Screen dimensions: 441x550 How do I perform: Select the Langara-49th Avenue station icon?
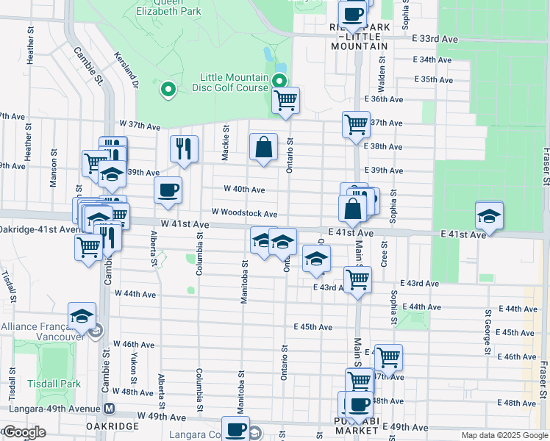(109, 408)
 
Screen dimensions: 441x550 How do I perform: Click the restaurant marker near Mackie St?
(184, 148)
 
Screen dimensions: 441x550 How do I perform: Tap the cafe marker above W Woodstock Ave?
(168, 190)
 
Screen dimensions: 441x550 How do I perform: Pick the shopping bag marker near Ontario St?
(263, 147)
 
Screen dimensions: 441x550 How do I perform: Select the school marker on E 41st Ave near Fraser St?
(489, 215)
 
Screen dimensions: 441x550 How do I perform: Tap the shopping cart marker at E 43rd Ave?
(357, 279)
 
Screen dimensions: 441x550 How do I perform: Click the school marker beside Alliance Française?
(82, 315)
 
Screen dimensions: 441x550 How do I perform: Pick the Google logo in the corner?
(24, 433)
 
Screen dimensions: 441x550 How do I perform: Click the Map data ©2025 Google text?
(504, 435)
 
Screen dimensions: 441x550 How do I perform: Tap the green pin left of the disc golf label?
(168, 90)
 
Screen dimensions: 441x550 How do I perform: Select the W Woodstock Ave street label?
(244, 213)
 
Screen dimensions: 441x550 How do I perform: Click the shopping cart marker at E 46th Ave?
(388, 356)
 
